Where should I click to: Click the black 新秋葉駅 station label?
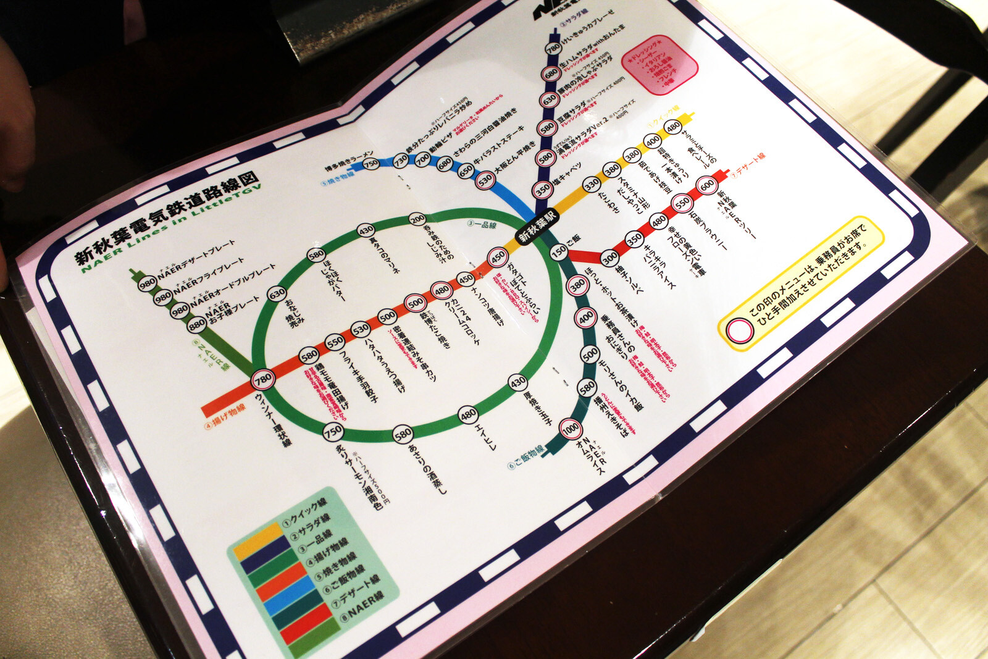(537, 227)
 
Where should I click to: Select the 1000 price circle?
(570, 428)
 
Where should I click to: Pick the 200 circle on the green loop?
(417, 219)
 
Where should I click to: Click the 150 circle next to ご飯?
(559, 251)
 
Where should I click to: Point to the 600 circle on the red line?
(707, 184)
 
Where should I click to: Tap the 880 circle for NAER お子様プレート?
(196, 324)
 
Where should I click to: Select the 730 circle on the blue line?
(401, 160)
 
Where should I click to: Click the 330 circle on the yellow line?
(592, 184)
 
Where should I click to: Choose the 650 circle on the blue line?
(466, 172)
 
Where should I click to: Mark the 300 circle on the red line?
(609, 258)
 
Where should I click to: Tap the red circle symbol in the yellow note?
(739, 330)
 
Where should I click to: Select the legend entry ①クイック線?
(305, 513)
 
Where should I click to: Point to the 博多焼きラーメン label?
(350, 160)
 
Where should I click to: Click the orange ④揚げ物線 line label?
(225, 417)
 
